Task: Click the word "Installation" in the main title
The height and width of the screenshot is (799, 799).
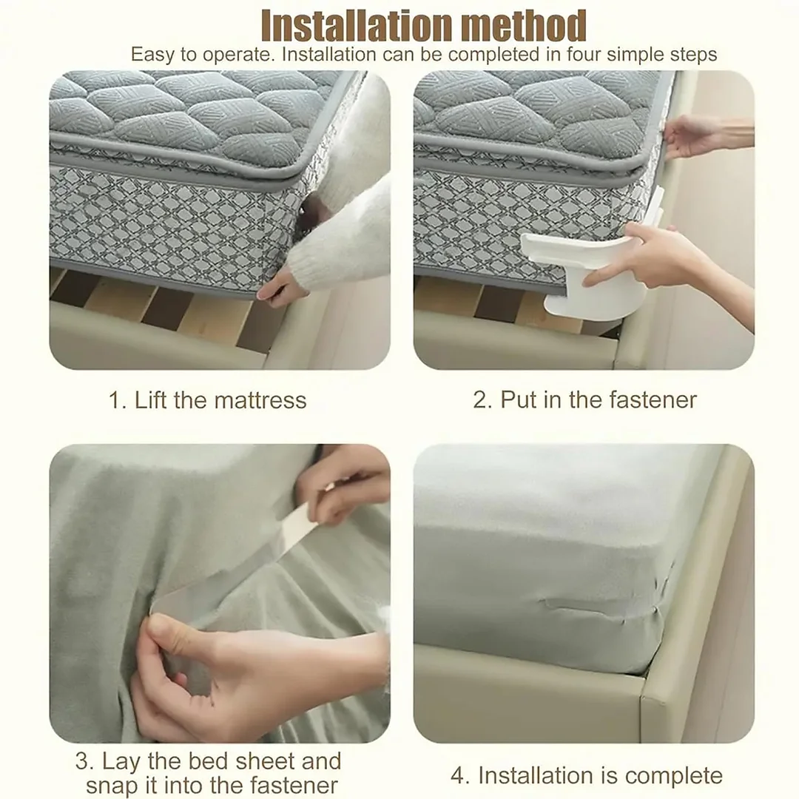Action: (x=345, y=27)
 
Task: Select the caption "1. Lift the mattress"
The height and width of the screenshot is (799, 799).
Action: (x=207, y=400)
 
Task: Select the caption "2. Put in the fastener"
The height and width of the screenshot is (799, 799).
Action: (x=584, y=400)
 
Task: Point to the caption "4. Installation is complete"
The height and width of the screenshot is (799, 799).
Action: (x=586, y=775)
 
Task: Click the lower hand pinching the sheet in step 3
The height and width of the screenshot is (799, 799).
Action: (x=192, y=666)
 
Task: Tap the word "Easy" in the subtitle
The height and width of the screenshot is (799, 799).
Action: (x=153, y=55)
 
